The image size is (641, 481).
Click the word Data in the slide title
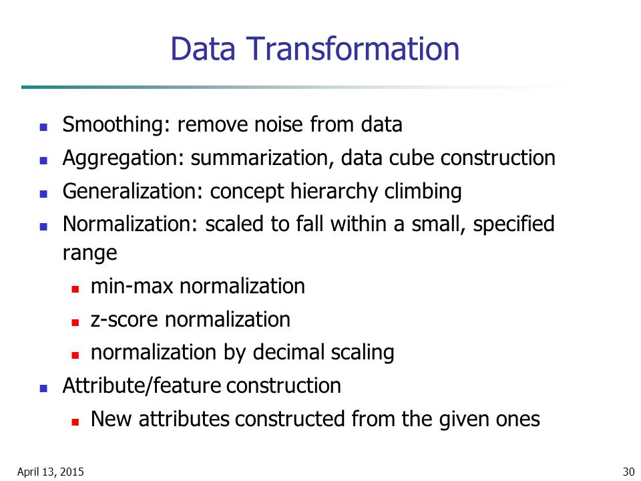[203, 49]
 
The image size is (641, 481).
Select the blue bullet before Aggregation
[44, 160]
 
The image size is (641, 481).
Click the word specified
[513, 224]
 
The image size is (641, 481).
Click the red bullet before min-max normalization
[75, 289]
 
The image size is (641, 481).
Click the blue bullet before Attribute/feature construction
[44, 388]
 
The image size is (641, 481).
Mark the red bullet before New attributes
[75, 422]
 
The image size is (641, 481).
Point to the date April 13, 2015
[50, 472]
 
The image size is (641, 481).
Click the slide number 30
[628, 472]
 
